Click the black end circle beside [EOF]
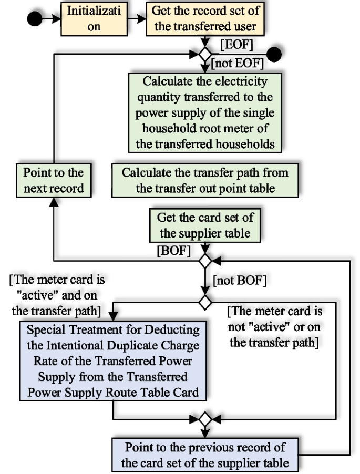click(274, 54)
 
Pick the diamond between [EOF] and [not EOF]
click(204, 54)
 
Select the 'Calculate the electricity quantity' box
click(205, 112)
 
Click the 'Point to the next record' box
click(54, 180)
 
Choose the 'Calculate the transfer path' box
click(205, 180)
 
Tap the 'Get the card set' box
click(204, 224)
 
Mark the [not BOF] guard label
click(239, 281)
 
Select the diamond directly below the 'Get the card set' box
click(204, 260)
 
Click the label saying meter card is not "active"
click(275, 327)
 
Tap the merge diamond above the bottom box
click(204, 419)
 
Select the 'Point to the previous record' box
click(205, 455)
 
